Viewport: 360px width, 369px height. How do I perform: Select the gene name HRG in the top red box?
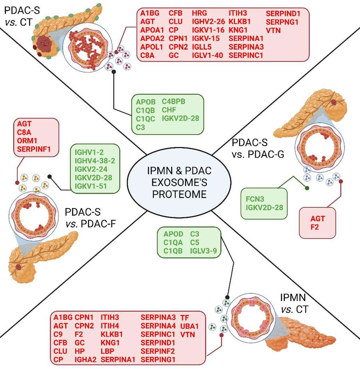(200, 13)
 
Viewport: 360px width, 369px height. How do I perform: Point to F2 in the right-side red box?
(318, 227)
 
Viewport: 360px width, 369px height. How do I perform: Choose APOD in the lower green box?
(173, 234)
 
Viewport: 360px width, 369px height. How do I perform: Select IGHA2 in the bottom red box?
(86, 359)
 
